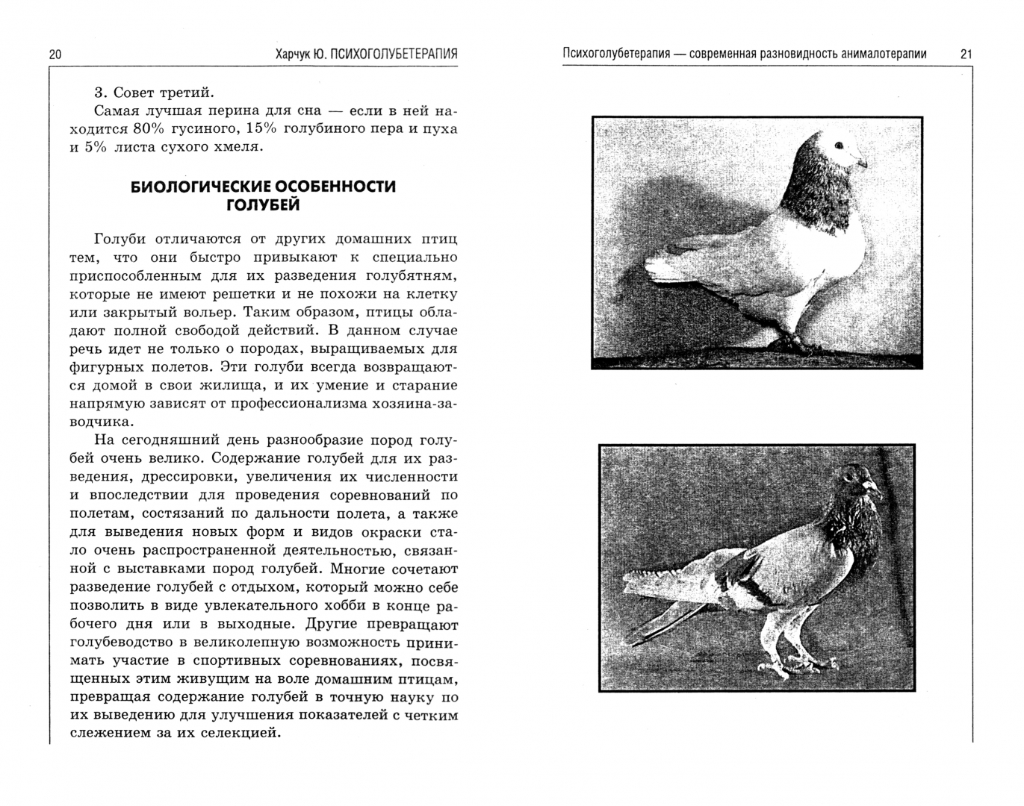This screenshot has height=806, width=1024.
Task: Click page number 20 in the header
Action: click(55, 54)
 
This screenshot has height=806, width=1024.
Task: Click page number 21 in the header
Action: click(966, 54)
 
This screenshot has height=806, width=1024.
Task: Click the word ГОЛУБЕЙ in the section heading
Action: click(263, 204)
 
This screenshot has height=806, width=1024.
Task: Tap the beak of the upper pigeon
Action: click(862, 162)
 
